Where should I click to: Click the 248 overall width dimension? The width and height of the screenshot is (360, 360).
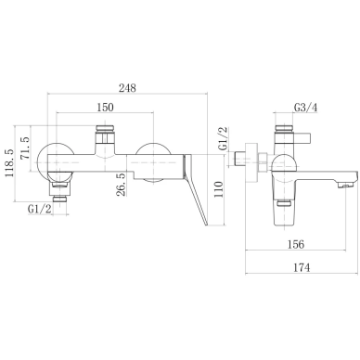[127, 88]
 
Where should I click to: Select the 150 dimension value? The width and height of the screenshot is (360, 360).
[105, 107]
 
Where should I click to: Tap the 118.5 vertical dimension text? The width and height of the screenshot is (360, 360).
[9, 163]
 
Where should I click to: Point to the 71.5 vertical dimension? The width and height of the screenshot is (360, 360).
[25, 148]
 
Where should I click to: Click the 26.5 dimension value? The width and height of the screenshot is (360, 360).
[122, 185]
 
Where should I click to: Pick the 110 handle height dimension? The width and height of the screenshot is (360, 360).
[218, 189]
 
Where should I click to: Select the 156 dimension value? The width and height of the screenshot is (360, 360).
[296, 244]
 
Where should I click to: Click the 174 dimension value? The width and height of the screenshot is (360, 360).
[302, 267]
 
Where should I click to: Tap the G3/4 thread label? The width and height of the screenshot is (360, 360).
[305, 108]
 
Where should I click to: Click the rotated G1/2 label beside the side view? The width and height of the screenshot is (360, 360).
[223, 138]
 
